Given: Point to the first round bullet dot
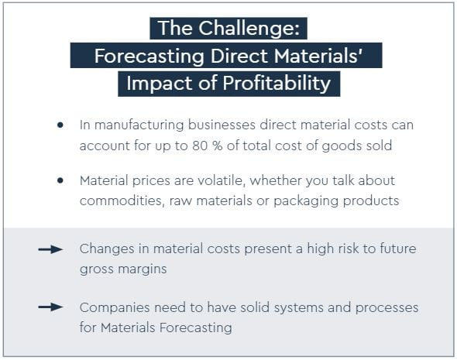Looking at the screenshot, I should [x=60, y=125].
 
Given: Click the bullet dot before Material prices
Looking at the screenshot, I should [x=60, y=180].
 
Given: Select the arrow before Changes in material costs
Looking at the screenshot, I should [x=50, y=249].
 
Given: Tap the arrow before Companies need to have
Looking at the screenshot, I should [x=50, y=307].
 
